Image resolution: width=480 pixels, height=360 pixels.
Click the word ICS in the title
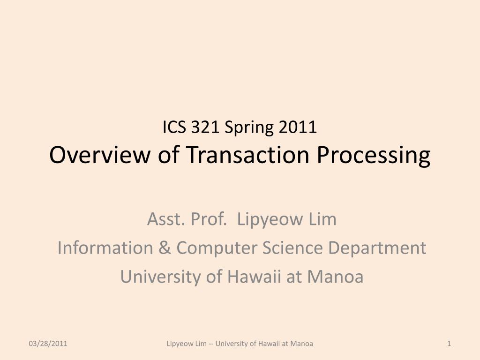tap(174, 127)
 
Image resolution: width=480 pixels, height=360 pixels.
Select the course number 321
tap(205, 127)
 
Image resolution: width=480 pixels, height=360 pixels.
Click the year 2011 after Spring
tap(298, 127)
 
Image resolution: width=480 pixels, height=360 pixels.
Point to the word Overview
tap(100, 155)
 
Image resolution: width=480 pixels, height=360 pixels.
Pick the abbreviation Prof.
tap(209, 219)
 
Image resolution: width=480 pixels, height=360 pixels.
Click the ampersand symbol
tap(165, 247)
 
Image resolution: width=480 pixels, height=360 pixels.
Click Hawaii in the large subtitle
tap(254, 276)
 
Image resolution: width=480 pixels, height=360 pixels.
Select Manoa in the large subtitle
tap(335, 276)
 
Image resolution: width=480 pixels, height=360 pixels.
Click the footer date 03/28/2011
tap(48, 344)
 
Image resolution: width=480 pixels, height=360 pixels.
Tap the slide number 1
tap(449, 344)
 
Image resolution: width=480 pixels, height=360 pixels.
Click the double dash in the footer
tap(211, 344)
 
